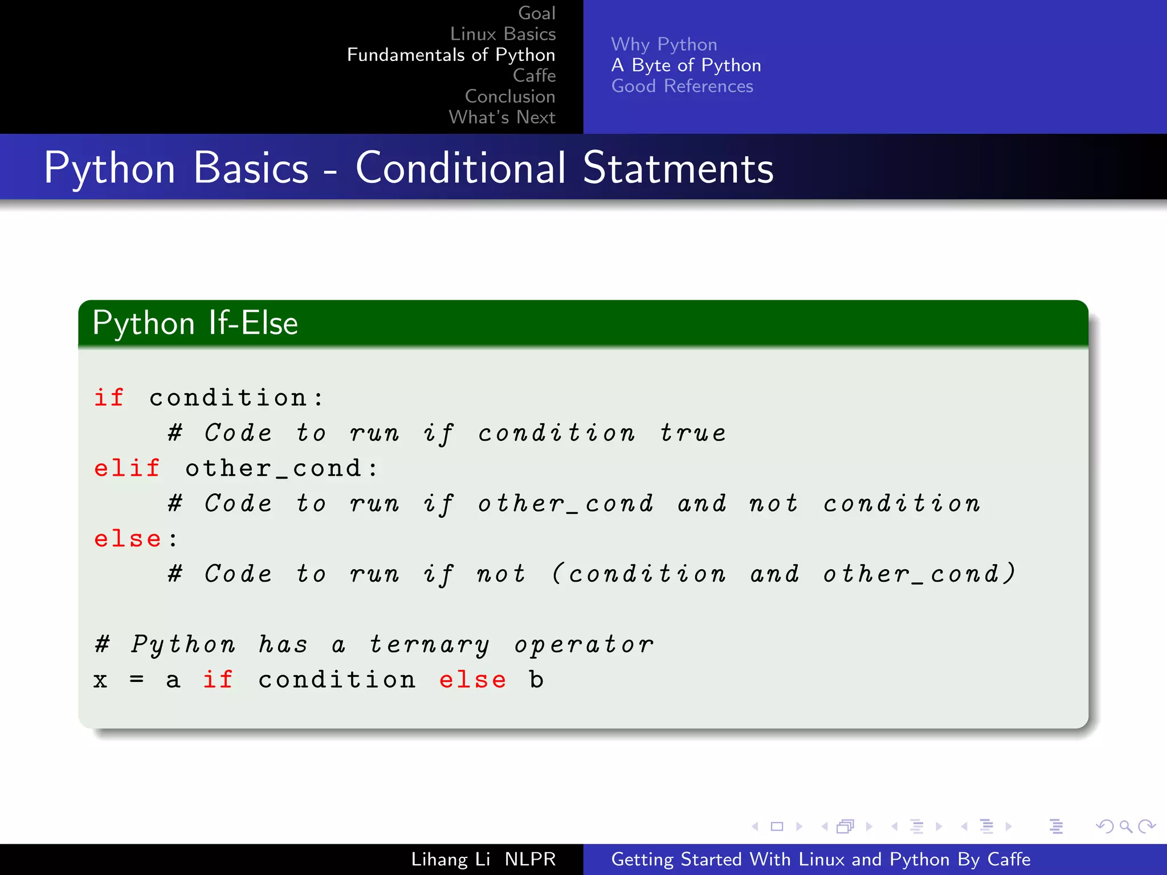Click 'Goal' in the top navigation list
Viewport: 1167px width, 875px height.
[x=536, y=13]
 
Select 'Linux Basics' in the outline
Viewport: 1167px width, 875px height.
[x=503, y=34]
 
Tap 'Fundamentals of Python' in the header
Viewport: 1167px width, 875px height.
[x=451, y=55]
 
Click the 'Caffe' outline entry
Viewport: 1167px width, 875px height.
[x=534, y=75]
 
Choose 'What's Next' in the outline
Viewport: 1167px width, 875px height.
[x=502, y=117]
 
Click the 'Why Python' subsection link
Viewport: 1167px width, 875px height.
[x=664, y=44]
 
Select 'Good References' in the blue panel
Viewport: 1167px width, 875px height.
[x=682, y=86]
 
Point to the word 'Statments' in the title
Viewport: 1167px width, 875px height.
[x=678, y=168]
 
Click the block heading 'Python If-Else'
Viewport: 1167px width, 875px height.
[x=195, y=323]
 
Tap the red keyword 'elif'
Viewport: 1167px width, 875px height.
[x=127, y=468]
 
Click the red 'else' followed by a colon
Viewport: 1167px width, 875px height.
[x=128, y=539]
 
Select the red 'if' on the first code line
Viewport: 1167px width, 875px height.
[x=108, y=398]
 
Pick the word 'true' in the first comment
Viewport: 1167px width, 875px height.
[x=693, y=433]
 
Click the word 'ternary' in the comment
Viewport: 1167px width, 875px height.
[x=429, y=644]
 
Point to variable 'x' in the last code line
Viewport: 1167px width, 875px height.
[x=101, y=680]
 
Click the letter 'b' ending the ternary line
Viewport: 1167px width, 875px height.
[x=536, y=680]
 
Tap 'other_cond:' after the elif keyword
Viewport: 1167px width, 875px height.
[x=281, y=468]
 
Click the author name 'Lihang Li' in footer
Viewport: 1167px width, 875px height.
[x=450, y=859]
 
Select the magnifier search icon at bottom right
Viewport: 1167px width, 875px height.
[x=1125, y=826]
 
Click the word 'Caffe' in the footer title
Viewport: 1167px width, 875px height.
[x=1009, y=859]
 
